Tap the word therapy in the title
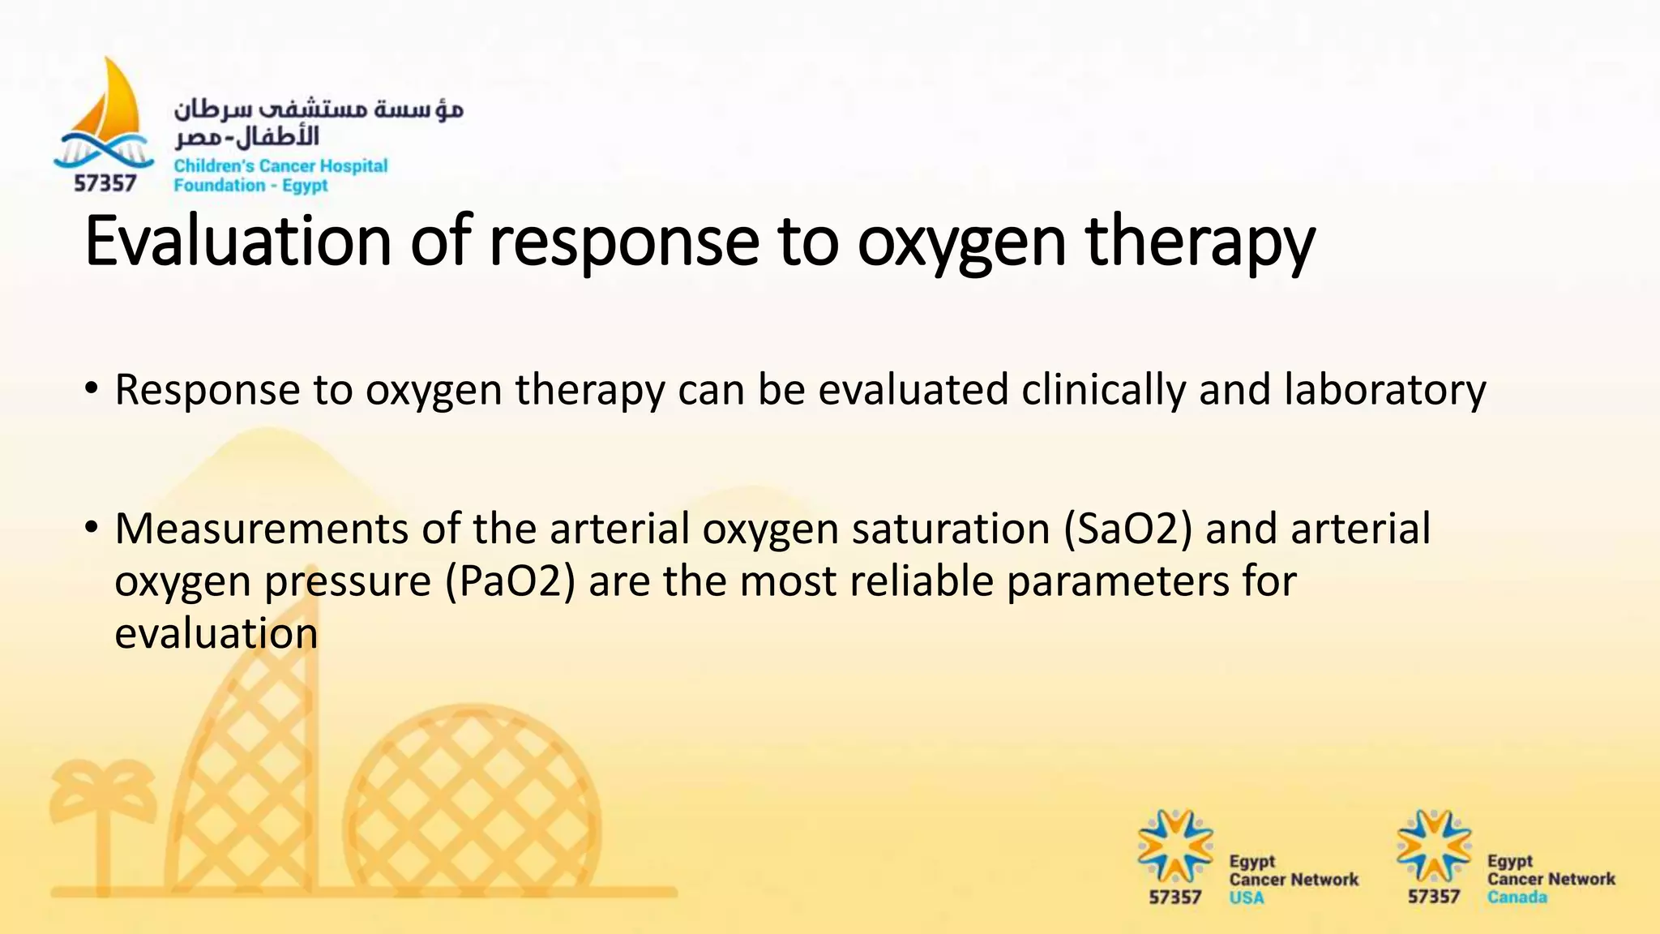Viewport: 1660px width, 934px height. tap(1200, 241)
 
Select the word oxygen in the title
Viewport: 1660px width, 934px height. tap(961, 241)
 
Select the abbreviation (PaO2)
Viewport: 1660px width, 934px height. tap(510, 581)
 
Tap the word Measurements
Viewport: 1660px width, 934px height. tap(261, 529)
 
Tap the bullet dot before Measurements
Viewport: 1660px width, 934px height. tap(92, 529)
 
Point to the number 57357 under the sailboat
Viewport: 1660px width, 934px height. tap(105, 184)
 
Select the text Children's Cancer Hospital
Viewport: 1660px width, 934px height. tap(280, 166)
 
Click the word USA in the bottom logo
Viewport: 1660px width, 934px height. tap(1246, 898)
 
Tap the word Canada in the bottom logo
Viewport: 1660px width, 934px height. tap(1517, 898)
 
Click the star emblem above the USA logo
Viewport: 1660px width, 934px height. tap(1174, 846)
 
